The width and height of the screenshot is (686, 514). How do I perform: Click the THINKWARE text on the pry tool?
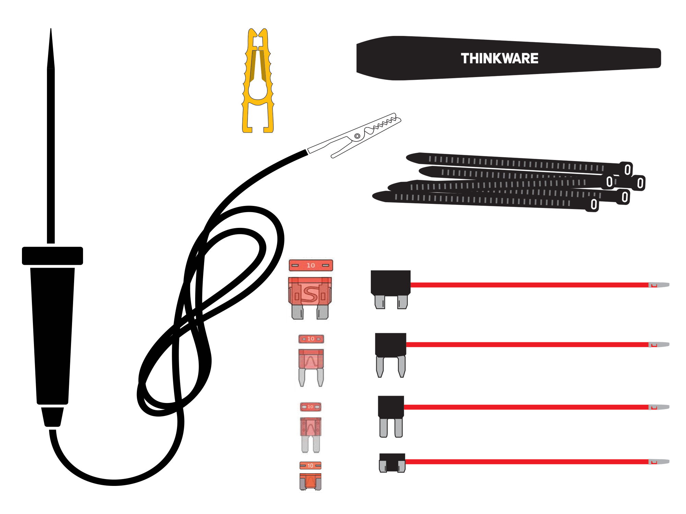(x=499, y=59)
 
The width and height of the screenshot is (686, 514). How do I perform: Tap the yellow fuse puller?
(x=258, y=82)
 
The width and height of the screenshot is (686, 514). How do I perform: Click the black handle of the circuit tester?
(x=52, y=336)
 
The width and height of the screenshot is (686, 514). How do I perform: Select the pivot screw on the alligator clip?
(x=357, y=136)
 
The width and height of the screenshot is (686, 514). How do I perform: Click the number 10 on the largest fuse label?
(x=311, y=265)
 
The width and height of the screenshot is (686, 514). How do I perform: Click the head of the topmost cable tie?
(x=627, y=169)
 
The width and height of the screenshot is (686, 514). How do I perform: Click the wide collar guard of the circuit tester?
(x=52, y=256)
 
